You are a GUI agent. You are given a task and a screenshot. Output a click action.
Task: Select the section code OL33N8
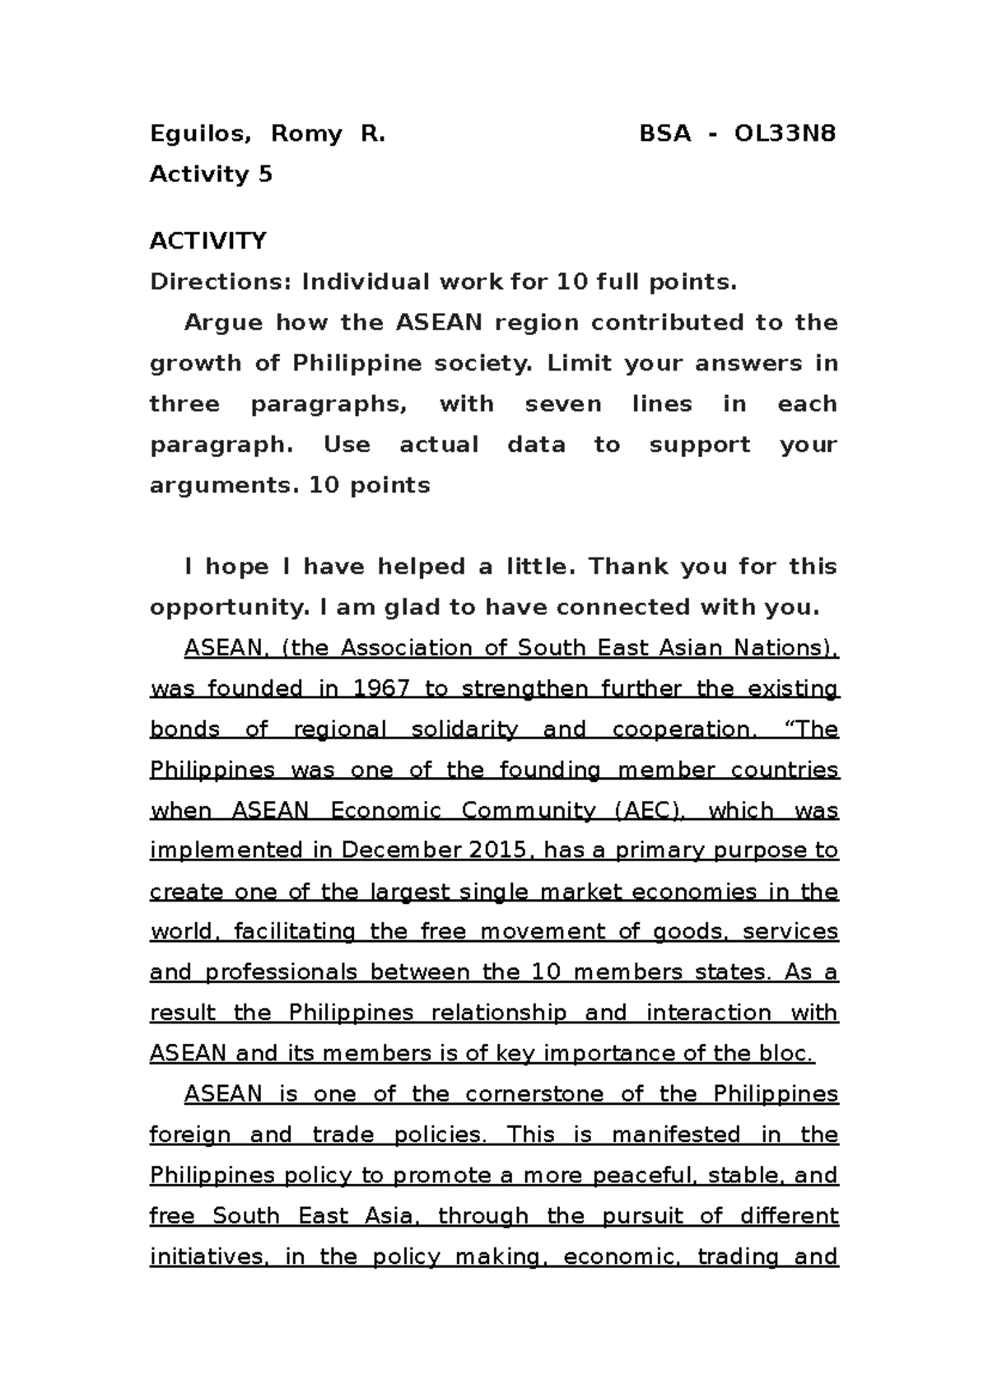(785, 133)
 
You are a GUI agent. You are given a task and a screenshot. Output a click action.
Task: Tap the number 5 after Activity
(264, 175)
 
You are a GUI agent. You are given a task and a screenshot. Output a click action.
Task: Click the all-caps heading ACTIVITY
(207, 241)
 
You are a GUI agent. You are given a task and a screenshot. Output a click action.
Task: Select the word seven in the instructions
(563, 404)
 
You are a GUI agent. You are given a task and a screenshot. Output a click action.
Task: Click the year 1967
(381, 688)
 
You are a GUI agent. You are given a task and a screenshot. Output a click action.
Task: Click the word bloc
(789, 1054)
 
